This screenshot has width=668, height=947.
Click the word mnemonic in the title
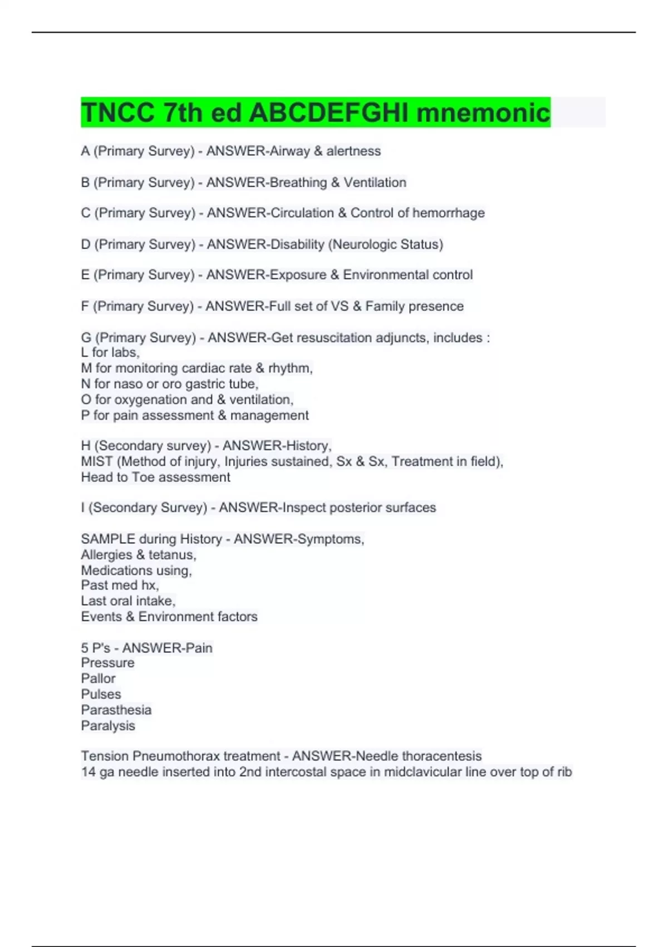(483, 113)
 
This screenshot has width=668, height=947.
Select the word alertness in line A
(353, 151)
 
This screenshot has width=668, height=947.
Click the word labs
(125, 353)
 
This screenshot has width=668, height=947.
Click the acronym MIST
(97, 461)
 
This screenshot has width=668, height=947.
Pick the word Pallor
(98, 678)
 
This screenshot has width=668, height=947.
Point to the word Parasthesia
(116, 710)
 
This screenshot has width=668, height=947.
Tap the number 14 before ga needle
(88, 772)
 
